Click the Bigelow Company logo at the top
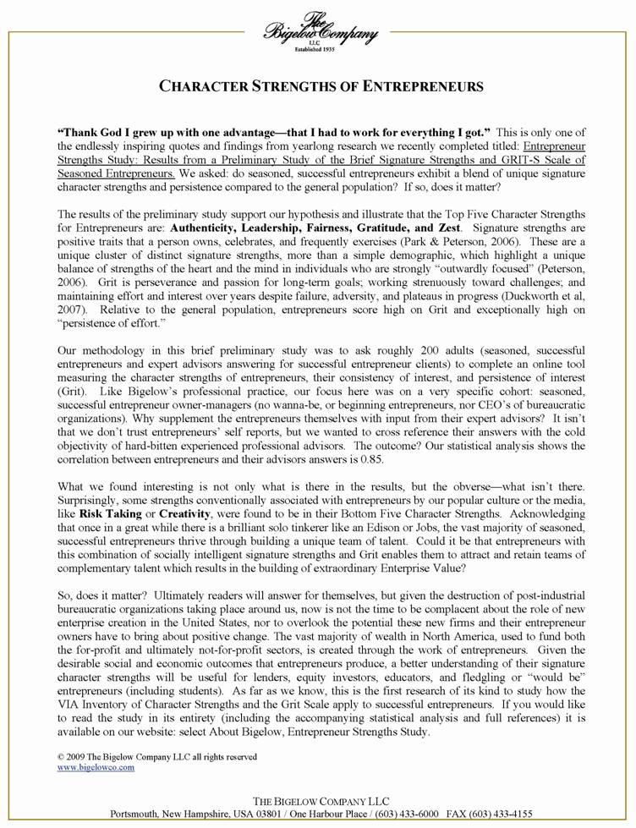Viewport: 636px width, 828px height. (x=319, y=34)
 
